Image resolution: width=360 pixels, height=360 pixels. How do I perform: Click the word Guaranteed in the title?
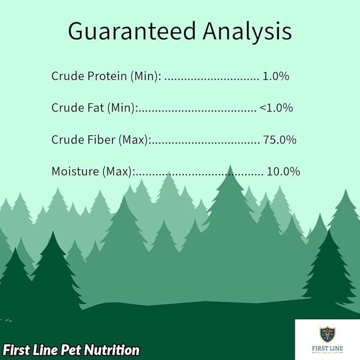click(x=132, y=32)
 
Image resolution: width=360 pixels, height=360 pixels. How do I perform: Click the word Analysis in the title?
click(x=247, y=32)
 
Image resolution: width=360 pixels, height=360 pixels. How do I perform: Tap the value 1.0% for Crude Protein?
click(x=276, y=76)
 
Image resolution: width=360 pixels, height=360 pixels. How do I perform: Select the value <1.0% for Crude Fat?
click(x=276, y=108)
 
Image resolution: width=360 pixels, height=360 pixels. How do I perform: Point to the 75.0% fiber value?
click(x=279, y=140)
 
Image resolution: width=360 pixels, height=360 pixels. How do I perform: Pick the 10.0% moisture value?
click(x=283, y=172)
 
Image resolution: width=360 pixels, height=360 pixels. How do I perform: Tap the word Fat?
click(x=95, y=108)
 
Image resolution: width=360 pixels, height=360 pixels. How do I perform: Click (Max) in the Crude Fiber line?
click(x=135, y=140)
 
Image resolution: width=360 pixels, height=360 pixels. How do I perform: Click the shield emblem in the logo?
click(x=327, y=333)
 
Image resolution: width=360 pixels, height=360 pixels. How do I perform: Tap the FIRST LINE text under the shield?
click(x=327, y=347)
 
